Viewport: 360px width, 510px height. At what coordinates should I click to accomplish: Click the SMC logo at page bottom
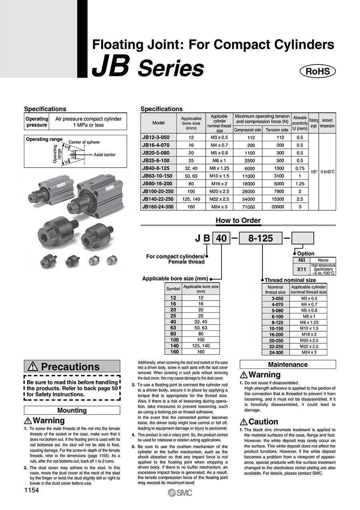[180, 493]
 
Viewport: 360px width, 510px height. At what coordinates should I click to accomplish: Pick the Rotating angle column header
[314, 123]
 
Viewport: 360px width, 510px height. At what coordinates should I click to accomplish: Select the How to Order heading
[238, 220]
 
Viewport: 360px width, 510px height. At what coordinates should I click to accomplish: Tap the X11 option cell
[302, 269]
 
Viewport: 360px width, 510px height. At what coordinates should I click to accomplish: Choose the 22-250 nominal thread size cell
[275, 346]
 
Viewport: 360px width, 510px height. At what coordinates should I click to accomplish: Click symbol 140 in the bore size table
[173, 346]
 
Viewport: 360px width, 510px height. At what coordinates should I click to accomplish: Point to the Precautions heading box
[72, 366]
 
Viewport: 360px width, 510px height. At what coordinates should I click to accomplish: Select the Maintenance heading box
[288, 364]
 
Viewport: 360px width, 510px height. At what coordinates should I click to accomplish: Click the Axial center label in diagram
[104, 155]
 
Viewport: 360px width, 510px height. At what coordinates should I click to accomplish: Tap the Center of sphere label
[84, 142]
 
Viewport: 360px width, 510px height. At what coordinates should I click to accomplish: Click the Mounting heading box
[72, 410]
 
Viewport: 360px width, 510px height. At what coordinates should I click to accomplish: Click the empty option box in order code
[303, 238]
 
